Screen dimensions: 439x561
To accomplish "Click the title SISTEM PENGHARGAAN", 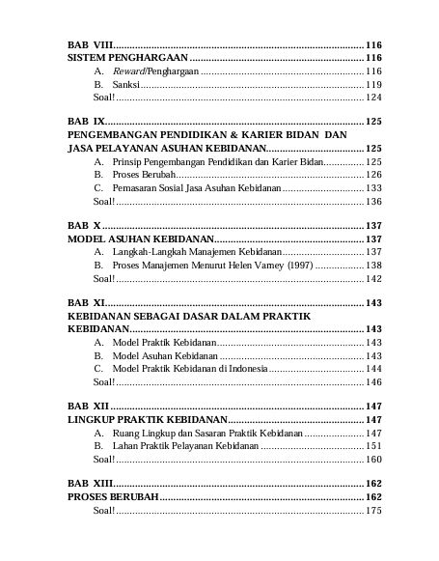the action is click(x=126, y=59).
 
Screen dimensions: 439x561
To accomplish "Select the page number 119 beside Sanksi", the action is click(x=373, y=85).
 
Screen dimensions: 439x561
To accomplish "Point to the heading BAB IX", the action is click(x=85, y=122).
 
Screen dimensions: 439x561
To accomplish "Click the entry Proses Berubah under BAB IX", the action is click(x=145, y=174).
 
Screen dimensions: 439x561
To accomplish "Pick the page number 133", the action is click(x=373, y=187).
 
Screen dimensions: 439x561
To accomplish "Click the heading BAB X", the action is click(x=83, y=225).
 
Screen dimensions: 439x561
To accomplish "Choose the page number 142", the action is click(x=373, y=278).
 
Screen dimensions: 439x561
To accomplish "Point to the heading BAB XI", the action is click(x=85, y=303).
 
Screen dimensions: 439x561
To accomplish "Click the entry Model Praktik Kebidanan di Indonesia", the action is click(x=192, y=369).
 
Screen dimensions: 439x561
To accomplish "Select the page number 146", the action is click(x=373, y=382).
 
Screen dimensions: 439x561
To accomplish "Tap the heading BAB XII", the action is click(x=87, y=407).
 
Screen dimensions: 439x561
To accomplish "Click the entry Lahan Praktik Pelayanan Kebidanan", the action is click(x=186, y=446).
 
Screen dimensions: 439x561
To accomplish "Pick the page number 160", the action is click(x=373, y=460).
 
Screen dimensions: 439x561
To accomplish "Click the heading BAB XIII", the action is click(x=89, y=483).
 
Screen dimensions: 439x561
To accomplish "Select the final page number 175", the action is click(x=373, y=510).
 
